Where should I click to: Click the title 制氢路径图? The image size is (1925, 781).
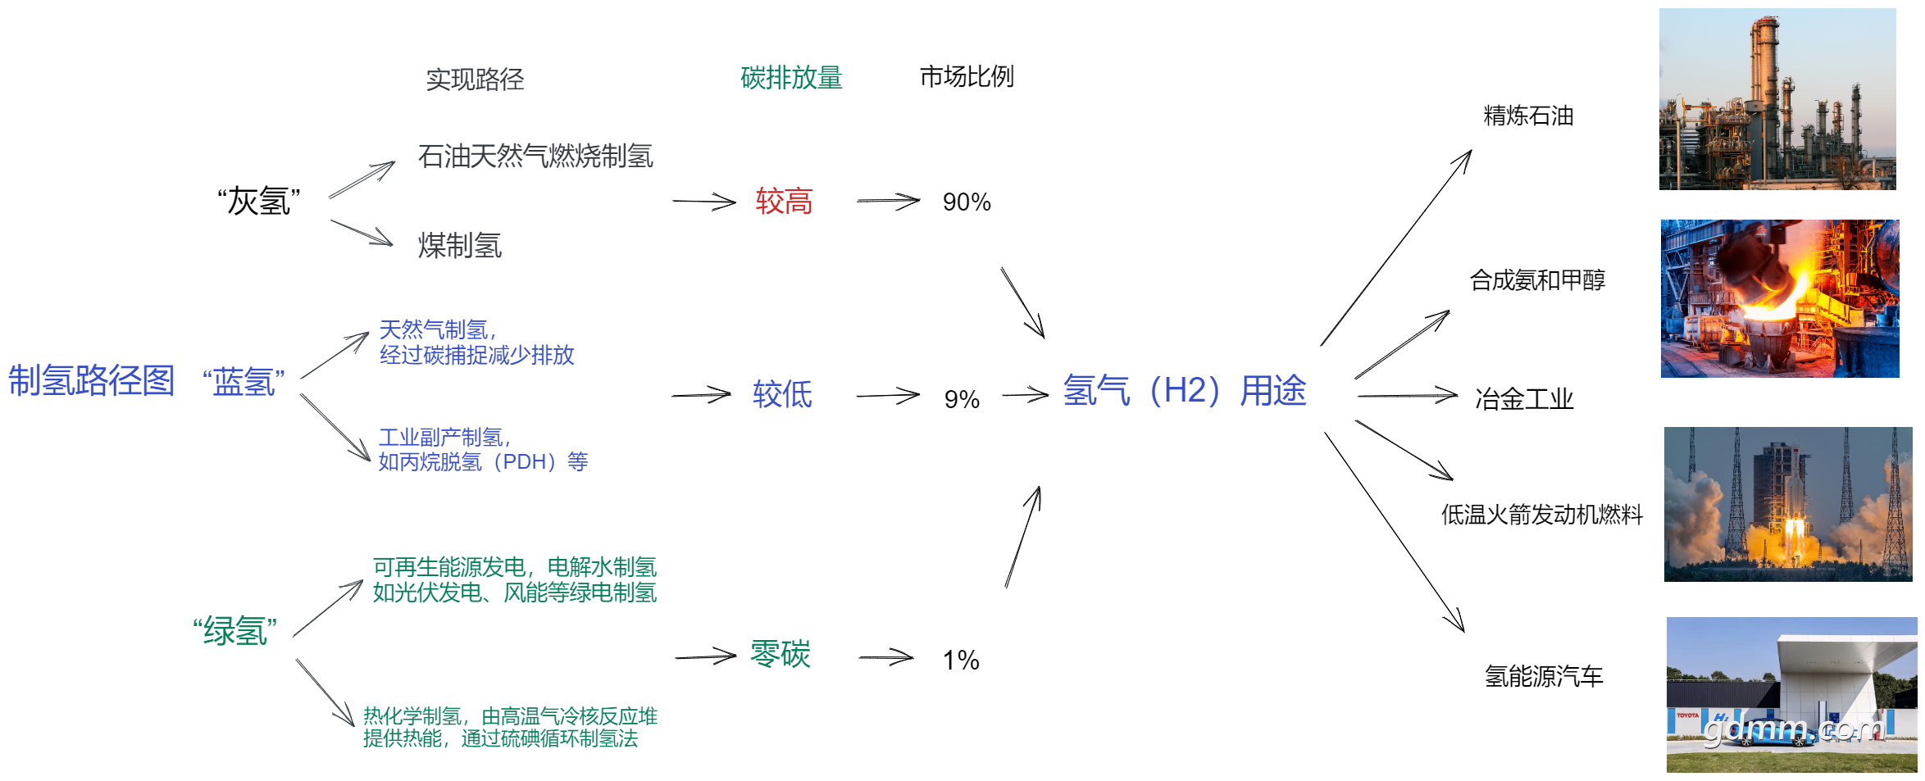point(91,380)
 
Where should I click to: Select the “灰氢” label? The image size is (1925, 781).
point(259,201)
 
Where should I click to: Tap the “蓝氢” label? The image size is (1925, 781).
point(243,383)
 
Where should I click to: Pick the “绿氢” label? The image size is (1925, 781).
point(234,631)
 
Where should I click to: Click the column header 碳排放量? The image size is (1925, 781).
point(791,78)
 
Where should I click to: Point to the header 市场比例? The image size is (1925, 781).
point(967,76)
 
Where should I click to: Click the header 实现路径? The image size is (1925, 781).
point(475,79)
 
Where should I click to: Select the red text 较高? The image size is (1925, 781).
point(784,201)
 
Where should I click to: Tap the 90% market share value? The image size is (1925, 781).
point(967,202)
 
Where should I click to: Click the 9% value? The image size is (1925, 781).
point(962,399)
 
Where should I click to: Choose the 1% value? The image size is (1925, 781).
point(961,660)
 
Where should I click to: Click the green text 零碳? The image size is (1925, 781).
point(780,654)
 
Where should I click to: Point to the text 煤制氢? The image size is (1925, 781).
point(460,245)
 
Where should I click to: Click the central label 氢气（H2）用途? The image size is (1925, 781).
point(1185,390)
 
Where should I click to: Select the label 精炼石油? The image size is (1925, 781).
point(1528,116)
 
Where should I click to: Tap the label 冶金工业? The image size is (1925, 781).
point(1524,399)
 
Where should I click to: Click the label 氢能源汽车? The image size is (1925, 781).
point(1544,676)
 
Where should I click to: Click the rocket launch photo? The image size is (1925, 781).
point(1788,504)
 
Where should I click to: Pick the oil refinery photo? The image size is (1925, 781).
point(1777,99)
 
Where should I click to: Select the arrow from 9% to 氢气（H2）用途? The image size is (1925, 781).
point(1026,396)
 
